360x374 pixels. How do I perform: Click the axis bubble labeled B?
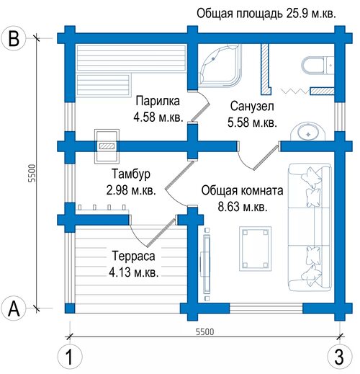click(14, 38)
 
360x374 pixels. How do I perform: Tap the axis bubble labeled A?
click(14, 308)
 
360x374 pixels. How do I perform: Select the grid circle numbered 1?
click(70, 357)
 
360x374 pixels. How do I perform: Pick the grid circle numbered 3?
click(340, 357)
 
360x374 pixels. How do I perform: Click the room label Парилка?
click(158, 101)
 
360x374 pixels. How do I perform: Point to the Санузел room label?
click(252, 106)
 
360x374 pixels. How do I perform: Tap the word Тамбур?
click(131, 174)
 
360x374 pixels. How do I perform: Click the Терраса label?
click(133, 256)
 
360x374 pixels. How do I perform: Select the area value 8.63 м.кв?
click(243, 207)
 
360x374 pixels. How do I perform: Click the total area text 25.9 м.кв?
click(311, 14)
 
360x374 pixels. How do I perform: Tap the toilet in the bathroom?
click(318, 65)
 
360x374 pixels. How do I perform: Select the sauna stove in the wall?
click(107, 146)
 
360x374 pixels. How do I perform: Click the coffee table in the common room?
click(256, 249)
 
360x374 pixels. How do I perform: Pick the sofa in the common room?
click(310, 227)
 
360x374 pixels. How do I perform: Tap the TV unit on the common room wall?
click(206, 264)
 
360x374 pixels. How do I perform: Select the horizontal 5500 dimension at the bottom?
click(204, 331)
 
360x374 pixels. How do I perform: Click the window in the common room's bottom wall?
click(266, 308)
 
